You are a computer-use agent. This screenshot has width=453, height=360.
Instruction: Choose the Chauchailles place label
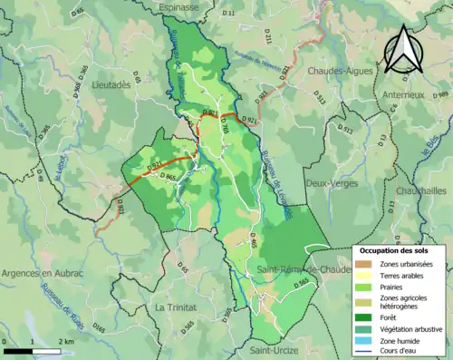click(x=423, y=191)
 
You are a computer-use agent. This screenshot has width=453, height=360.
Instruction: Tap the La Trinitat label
click(x=174, y=307)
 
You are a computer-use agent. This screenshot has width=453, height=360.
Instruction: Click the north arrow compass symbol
click(x=402, y=48)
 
